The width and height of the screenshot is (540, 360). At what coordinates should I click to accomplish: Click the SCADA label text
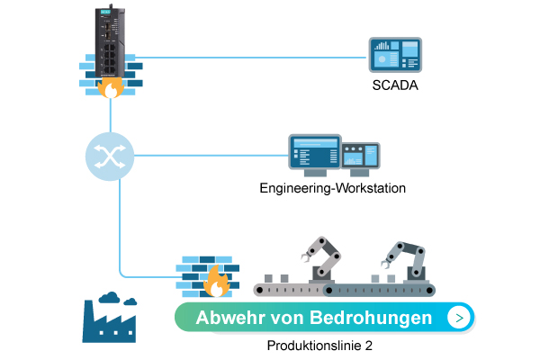tap(395, 86)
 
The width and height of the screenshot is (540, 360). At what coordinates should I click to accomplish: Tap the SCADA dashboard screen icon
tap(395, 56)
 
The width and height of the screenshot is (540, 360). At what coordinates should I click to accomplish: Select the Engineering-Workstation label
tap(333, 189)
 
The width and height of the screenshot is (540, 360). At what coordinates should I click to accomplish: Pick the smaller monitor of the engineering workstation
tap(361, 158)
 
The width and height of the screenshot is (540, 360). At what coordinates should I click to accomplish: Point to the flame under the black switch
tap(111, 88)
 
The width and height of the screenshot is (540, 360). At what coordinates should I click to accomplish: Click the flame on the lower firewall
tap(216, 283)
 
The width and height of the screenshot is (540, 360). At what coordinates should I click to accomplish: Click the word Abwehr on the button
tap(228, 318)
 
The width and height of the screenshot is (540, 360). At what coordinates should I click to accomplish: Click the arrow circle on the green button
tap(460, 318)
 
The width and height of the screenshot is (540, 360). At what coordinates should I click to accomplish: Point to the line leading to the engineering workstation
tap(207, 156)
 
